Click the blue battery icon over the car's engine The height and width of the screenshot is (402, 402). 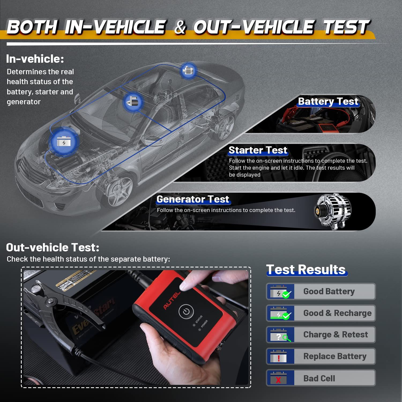64,141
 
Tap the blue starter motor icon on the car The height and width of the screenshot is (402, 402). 133,102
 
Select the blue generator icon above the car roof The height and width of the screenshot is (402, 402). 188,70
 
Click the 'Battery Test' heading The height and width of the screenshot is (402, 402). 328,101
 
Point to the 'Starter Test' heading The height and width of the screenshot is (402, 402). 258,150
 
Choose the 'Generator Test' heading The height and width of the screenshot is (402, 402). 193,199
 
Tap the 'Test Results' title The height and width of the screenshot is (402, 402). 306,269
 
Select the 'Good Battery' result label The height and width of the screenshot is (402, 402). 329,291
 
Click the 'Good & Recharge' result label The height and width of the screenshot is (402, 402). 337,313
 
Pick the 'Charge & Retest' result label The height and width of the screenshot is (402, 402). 336,334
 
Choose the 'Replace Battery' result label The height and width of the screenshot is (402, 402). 335,356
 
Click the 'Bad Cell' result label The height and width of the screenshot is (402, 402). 319,378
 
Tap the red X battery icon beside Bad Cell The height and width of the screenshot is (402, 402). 278,378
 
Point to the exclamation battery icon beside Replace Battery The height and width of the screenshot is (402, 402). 279,357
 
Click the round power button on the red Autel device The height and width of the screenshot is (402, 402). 186,311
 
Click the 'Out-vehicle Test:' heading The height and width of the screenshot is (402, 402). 53,247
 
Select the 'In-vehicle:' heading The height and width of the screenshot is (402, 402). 35,59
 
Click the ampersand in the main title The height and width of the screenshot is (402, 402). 180,27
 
